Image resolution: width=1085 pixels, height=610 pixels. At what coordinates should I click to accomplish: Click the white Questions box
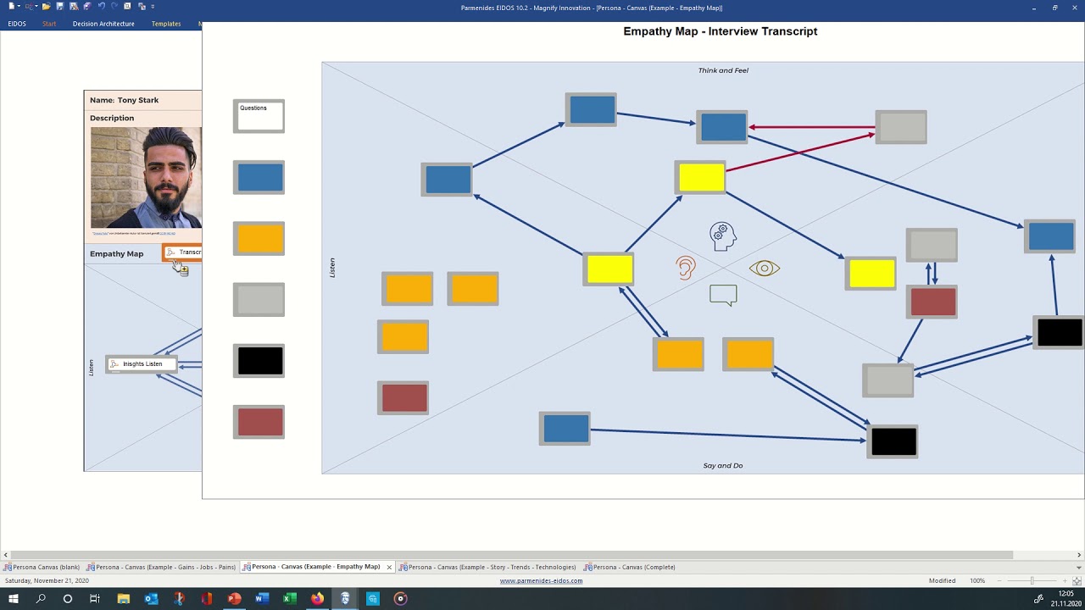pyautogui.click(x=259, y=116)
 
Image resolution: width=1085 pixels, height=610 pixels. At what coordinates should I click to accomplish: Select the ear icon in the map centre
pyautogui.click(x=686, y=268)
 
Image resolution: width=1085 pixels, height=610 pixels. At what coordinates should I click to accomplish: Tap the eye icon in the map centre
pyautogui.click(x=764, y=269)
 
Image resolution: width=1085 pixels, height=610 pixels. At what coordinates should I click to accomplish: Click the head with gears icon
pyautogui.click(x=722, y=236)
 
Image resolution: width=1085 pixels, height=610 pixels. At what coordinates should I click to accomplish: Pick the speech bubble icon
pyautogui.click(x=723, y=295)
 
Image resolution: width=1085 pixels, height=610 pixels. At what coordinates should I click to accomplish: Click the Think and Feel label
pyautogui.click(x=723, y=70)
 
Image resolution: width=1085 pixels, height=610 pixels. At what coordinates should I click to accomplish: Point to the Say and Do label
pyautogui.click(x=722, y=465)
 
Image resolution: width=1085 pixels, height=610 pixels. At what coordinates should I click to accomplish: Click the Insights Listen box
pyautogui.click(x=142, y=364)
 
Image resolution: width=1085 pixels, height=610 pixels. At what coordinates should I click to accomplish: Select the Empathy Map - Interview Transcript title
pyautogui.click(x=720, y=31)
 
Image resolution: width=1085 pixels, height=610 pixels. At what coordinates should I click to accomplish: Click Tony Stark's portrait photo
pyautogui.click(x=146, y=178)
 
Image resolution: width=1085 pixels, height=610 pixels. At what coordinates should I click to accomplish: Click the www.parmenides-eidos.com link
pyautogui.click(x=541, y=580)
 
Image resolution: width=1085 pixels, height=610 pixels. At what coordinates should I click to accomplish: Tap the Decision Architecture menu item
pyautogui.click(x=103, y=24)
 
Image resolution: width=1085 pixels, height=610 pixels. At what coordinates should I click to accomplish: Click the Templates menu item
pyautogui.click(x=166, y=24)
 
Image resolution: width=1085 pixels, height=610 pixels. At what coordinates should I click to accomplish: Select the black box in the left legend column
pyautogui.click(x=259, y=361)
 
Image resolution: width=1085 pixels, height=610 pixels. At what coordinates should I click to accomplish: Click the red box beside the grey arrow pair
pyautogui.click(x=932, y=302)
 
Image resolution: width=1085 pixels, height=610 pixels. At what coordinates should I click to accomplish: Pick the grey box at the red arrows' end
pyautogui.click(x=901, y=127)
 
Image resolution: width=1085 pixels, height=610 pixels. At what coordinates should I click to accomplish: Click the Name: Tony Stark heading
pyautogui.click(x=125, y=100)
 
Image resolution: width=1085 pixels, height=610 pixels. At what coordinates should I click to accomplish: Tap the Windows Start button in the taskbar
pyautogui.click(x=14, y=599)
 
